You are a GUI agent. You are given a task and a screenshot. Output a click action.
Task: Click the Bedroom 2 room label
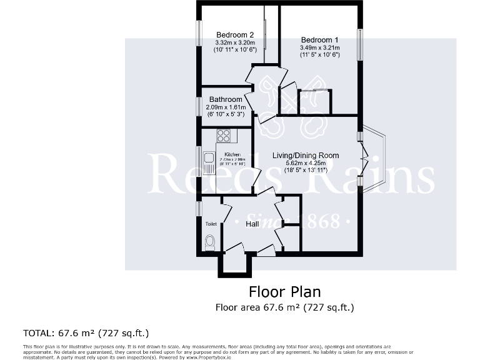coord(234,34)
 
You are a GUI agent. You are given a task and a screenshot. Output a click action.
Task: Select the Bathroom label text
coord(226,99)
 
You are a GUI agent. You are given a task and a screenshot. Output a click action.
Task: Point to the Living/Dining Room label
coord(306,156)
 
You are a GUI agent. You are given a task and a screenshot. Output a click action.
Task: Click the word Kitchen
coord(232,154)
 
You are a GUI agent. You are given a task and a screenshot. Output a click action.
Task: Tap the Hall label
coord(252,224)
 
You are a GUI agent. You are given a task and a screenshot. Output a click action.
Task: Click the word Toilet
coord(211,223)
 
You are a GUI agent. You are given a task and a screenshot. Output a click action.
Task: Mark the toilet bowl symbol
coord(210,242)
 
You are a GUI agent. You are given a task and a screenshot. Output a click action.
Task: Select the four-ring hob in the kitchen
coord(224,135)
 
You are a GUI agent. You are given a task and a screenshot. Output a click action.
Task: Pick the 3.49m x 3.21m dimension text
coord(320,47)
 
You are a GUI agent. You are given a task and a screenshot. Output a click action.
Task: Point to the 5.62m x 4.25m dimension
coord(306,164)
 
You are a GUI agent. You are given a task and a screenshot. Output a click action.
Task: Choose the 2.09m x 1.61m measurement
coord(226,107)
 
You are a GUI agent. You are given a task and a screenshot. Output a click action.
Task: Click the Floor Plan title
coord(284,292)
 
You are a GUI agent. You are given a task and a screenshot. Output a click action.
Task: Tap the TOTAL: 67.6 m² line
coord(86,332)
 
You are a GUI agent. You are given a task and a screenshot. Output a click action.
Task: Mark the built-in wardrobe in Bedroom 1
coord(314,102)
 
